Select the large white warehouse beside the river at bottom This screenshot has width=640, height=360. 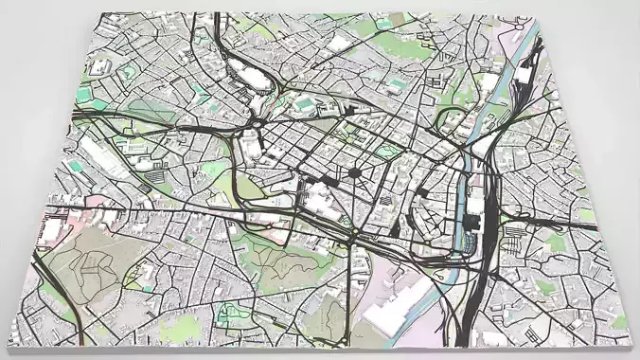(397, 313)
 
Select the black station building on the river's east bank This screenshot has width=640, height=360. (472, 224)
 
